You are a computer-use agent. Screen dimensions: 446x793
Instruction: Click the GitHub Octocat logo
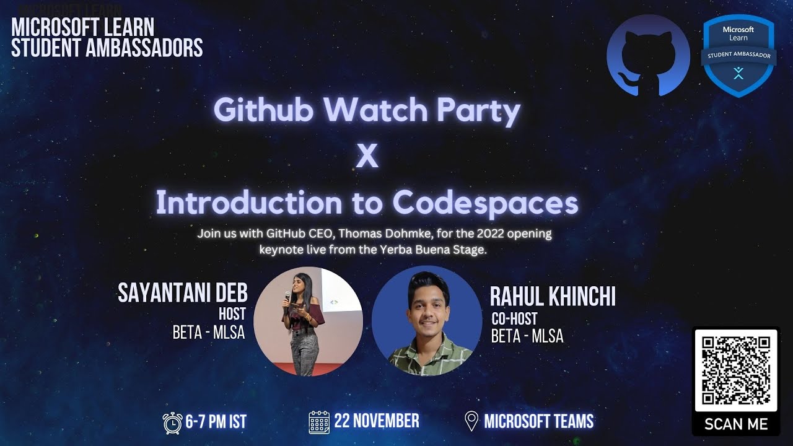(647, 56)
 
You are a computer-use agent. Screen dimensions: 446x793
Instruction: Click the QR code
(735, 370)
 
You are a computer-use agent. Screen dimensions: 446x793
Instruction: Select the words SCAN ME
(735, 424)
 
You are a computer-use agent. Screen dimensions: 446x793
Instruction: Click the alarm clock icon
(172, 422)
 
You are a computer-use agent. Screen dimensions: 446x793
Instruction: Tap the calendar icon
(318, 422)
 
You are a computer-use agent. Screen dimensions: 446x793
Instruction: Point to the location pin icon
(471, 422)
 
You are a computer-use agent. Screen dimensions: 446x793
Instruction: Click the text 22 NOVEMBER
(376, 421)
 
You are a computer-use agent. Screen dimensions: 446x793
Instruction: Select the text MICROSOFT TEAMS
(538, 422)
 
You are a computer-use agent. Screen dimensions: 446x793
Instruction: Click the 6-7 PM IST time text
(216, 422)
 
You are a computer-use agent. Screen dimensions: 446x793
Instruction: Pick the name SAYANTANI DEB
(182, 293)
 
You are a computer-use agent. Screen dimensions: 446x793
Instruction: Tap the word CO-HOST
(514, 320)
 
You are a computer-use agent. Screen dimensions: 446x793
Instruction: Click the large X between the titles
(367, 157)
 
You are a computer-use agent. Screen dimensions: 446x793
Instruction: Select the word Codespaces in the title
(485, 203)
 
